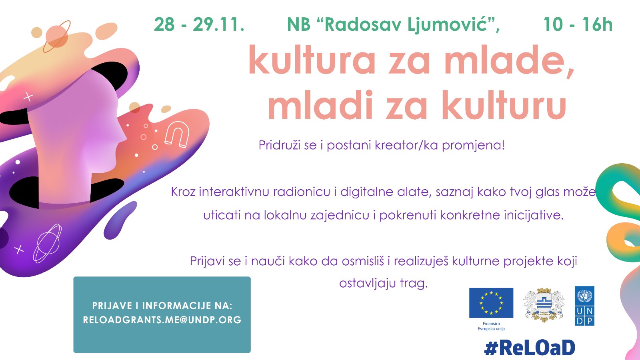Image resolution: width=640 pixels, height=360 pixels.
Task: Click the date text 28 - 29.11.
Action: tap(199, 24)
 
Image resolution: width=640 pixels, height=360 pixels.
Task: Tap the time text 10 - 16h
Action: tap(578, 24)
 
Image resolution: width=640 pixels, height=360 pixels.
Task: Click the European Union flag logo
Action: tap(491, 303)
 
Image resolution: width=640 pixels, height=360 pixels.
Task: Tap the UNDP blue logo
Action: tap(584, 306)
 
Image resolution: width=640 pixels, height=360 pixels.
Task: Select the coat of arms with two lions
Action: tap(544, 305)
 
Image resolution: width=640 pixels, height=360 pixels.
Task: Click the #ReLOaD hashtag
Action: tap(530, 348)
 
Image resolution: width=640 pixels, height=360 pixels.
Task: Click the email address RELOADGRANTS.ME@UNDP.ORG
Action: tap(162, 320)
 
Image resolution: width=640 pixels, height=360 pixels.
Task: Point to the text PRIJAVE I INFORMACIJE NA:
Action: tap(162, 306)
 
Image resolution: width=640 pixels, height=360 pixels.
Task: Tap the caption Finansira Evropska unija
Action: tap(491, 326)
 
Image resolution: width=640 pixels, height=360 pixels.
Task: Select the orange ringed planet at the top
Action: tap(57, 36)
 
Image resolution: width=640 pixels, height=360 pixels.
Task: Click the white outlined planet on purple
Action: tap(48, 244)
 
